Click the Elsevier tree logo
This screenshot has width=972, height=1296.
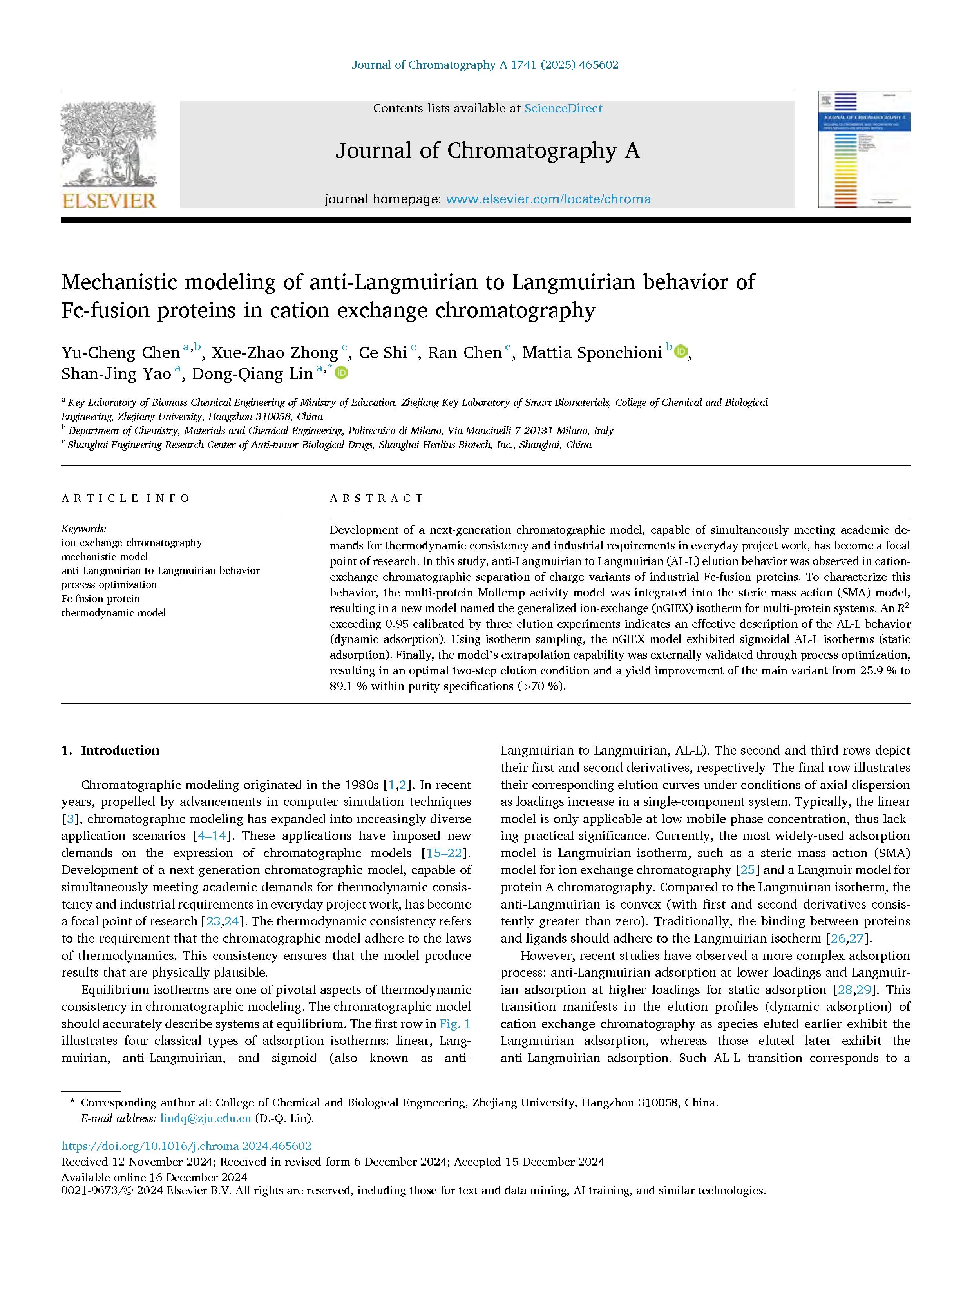109,154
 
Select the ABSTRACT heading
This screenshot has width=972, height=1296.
377,499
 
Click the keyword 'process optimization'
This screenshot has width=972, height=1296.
109,585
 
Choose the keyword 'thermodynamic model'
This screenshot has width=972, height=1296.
113,613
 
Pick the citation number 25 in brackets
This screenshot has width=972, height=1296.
747,870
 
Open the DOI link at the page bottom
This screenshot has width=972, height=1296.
186,1146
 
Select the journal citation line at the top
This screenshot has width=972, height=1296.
485,65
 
